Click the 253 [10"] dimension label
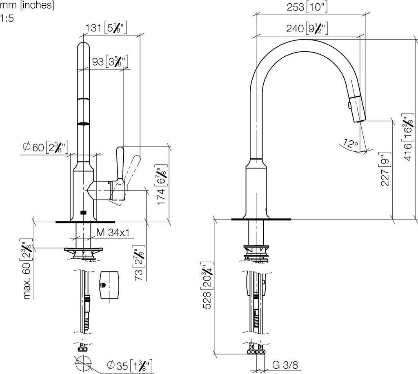click(307, 7)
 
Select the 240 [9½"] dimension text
click(307, 28)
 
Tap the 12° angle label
click(350, 143)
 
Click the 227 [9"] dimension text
click(385, 168)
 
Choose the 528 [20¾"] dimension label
click(207, 287)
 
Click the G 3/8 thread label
click(285, 365)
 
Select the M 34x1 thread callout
click(113, 232)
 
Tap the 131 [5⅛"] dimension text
click(106, 28)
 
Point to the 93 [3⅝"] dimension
click(110, 62)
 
